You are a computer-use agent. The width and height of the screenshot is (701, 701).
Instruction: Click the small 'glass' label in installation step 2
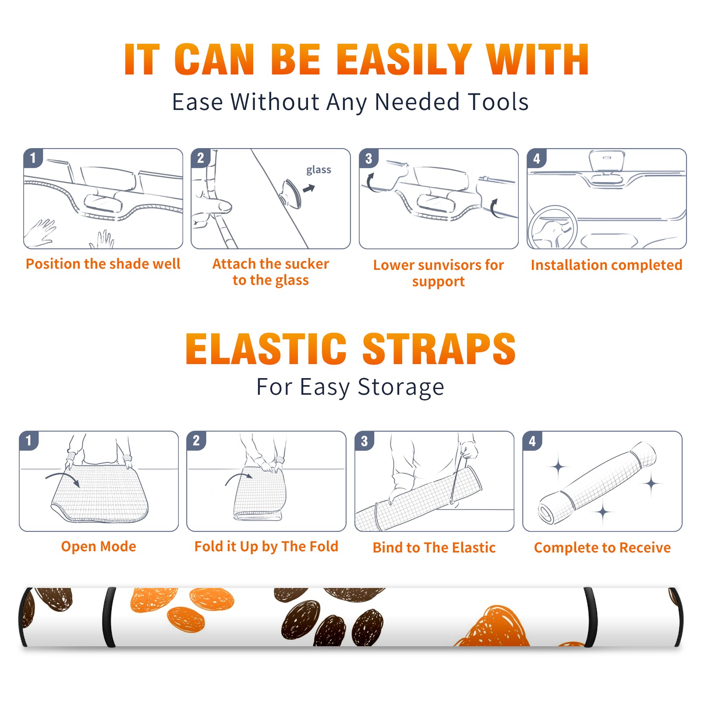[x=319, y=170]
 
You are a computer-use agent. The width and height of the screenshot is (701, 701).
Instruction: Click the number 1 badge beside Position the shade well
[x=33, y=158]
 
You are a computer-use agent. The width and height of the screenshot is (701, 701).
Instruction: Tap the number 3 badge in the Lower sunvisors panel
[x=368, y=158]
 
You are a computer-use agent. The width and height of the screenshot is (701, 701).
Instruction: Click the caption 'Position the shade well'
[x=103, y=264]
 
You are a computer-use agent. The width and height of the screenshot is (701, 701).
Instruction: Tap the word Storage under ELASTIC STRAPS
[x=401, y=387]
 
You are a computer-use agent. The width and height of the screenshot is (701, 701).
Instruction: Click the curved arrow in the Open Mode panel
[x=63, y=477]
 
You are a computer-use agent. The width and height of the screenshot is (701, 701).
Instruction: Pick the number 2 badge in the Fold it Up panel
[x=196, y=440]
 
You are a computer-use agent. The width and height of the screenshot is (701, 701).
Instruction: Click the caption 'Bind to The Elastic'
[x=434, y=548]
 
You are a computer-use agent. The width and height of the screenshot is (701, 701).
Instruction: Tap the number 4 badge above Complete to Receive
[x=532, y=441]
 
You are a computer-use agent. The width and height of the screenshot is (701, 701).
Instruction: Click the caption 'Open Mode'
[x=99, y=547]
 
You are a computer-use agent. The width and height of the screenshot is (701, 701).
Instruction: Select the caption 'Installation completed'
[x=606, y=265]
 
